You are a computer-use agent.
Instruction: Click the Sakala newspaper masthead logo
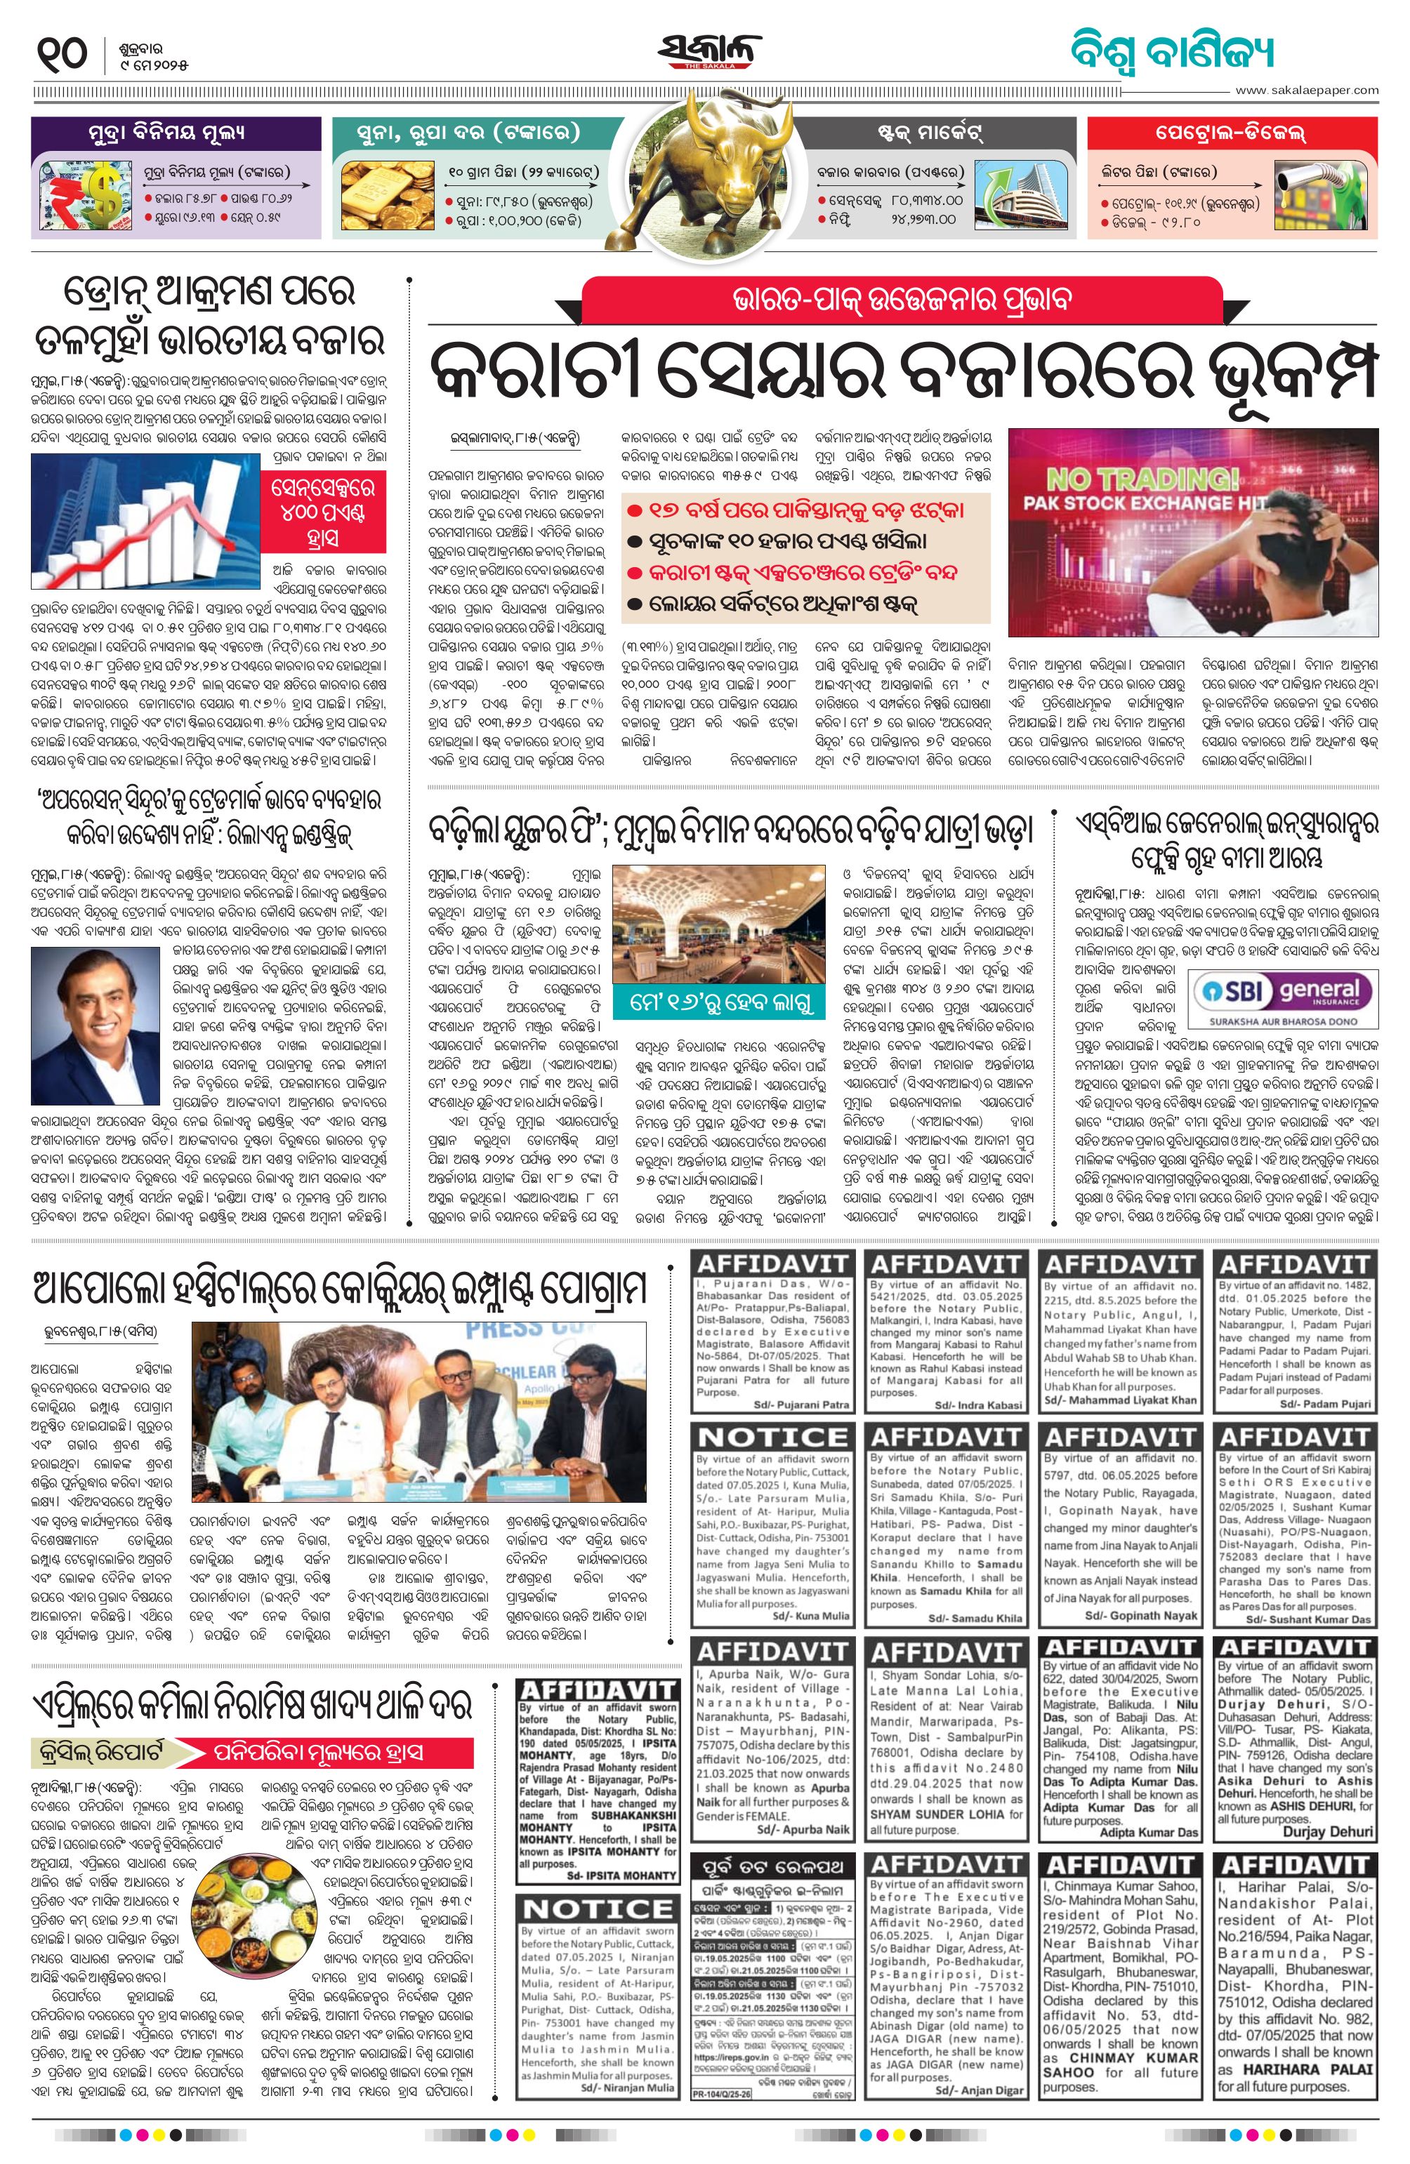pyautogui.click(x=709, y=53)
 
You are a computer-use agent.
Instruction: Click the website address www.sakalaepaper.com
pyautogui.click(x=1306, y=90)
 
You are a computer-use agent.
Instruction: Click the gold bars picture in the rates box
pyautogui.click(x=388, y=194)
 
